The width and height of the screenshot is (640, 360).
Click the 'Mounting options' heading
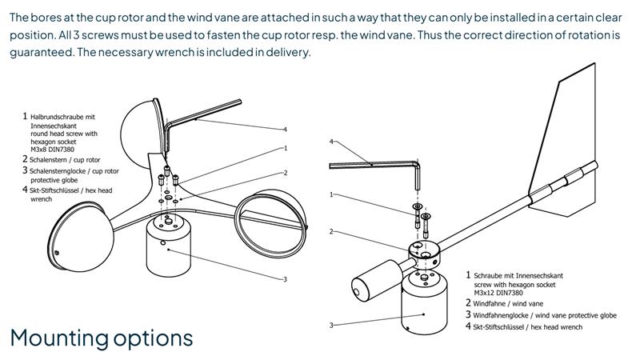102,338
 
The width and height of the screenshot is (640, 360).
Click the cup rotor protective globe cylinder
168,245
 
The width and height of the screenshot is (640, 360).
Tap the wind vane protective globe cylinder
425,303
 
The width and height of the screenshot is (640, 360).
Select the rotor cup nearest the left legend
79,236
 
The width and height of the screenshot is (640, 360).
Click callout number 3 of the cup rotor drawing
285,279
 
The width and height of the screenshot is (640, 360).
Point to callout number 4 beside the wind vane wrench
331,142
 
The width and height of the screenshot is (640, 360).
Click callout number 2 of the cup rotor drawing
286,173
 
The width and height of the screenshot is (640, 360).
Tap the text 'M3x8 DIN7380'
52,150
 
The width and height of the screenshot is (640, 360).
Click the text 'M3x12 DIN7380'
498,293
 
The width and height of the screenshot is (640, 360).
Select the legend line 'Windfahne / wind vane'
505,303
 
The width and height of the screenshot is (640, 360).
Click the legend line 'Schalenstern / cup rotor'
62,159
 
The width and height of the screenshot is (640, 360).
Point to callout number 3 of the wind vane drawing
331,326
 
